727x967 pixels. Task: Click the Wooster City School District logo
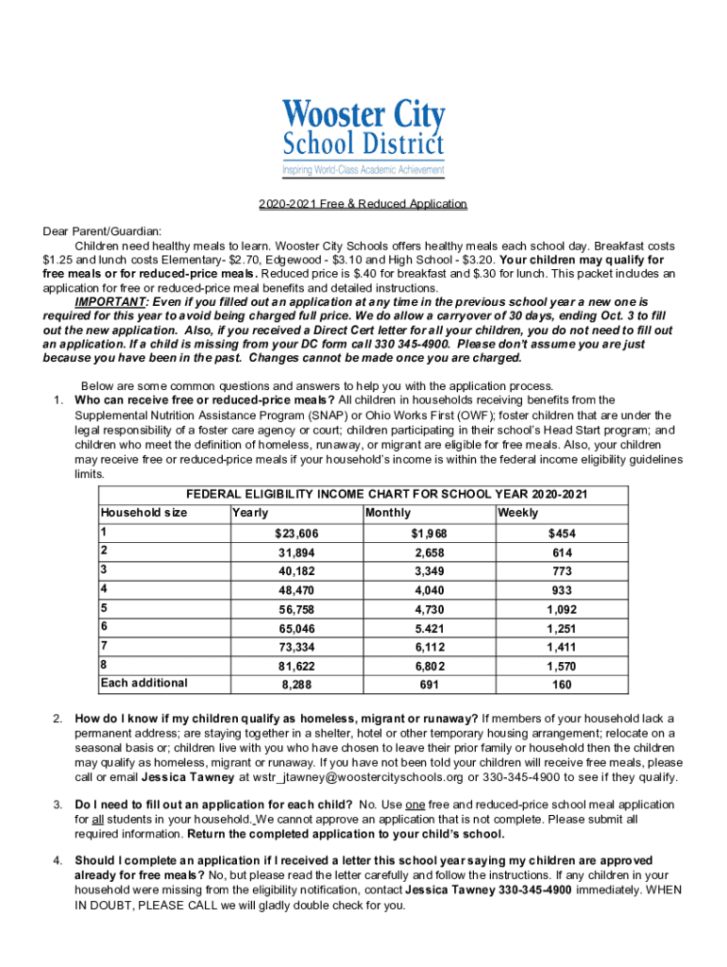363,138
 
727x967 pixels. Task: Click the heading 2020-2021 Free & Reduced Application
363,204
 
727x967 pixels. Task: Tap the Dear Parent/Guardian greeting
102,229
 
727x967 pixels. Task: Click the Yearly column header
250,513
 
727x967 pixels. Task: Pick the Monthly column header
388,513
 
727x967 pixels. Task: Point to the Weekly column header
518,513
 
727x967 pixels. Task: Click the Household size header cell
144,513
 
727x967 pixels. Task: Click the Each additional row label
144,683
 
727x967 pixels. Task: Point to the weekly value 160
562,685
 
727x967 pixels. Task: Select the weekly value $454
562,534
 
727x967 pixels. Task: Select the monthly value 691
429,685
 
